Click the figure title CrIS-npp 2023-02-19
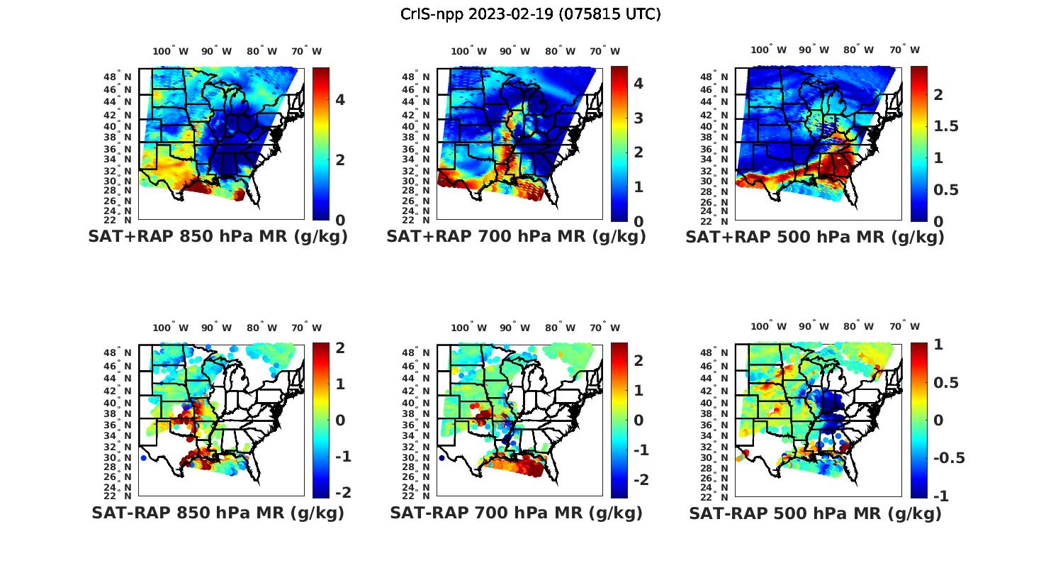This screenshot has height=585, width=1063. point(530,14)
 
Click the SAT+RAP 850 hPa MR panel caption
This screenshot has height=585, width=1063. point(218,237)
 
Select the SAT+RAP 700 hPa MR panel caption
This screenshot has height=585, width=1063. point(516,237)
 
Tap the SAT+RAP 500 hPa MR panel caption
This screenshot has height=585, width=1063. point(814,237)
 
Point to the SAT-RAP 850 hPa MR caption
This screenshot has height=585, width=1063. point(218,513)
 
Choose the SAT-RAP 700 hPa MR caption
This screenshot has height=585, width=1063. point(516,513)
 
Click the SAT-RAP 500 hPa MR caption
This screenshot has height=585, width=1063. point(814,513)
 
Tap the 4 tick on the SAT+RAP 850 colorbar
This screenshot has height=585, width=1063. point(340,100)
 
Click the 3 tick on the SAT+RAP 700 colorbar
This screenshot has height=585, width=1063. point(638,118)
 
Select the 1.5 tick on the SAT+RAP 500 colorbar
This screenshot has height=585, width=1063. point(946,126)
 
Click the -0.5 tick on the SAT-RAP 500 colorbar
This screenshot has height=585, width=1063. point(949,458)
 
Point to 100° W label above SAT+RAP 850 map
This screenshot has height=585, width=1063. point(170,51)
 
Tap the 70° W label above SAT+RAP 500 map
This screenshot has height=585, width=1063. point(904,50)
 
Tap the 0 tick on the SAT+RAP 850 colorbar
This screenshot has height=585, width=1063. point(340,220)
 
